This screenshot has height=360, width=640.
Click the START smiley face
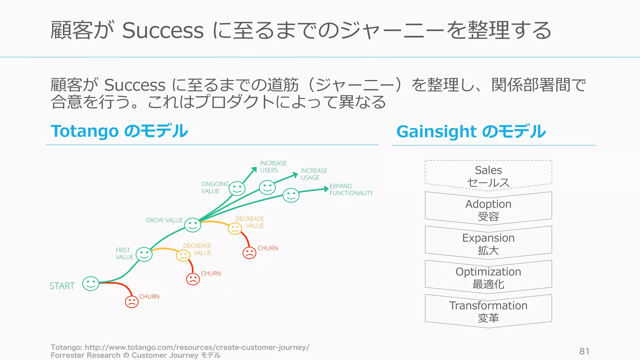pyautogui.click(x=91, y=283)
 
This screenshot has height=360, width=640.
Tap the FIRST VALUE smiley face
pyautogui.click(x=144, y=254)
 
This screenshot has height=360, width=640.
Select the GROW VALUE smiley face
pyautogui.click(x=192, y=225)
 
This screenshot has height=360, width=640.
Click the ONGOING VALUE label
pyautogui.click(x=215, y=187)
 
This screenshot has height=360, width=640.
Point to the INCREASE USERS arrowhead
pyautogui.click(x=254, y=170)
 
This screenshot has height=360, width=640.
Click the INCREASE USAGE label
pyautogui.click(x=314, y=174)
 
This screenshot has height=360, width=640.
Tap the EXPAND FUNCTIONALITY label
pyautogui.click(x=351, y=190)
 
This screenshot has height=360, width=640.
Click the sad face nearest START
pyautogui.click(x=132, y=302)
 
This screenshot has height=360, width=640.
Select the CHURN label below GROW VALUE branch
pyautogui.click(x=267, y=248)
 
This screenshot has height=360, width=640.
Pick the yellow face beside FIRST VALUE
pyautogui.click(x=183, y=256)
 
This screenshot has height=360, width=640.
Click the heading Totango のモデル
pyautogui.click(x=119, y=131)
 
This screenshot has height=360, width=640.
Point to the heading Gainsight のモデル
pyautogui.click(x=471, y=132)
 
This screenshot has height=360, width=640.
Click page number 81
pyautogui.click(x=584, y=351)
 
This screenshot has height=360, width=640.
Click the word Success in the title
pyautogui.click(x=162, y=31)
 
